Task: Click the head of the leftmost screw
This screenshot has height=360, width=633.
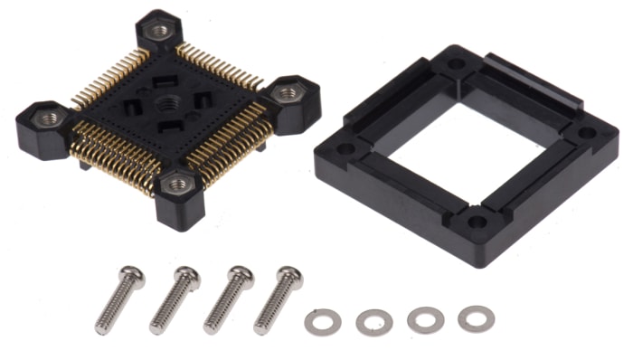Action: coord(130,275)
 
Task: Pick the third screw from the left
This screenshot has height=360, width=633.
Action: coord(228,296)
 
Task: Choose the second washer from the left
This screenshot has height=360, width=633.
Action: coord(373,321)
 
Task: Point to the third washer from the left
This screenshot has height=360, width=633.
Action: coord(425,319)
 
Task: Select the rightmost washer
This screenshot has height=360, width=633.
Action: coord(476,317)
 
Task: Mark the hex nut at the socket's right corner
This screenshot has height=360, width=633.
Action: coord(287,92)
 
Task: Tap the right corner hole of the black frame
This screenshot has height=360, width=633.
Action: coord(587,133)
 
